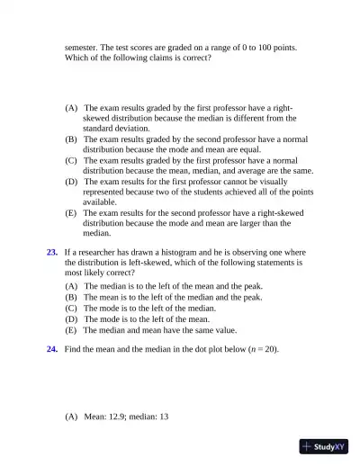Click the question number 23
(52, 252)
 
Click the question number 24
(52, 347)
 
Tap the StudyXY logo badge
(324, 446)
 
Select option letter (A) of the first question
(71, 107)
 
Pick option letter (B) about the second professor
(71, 139)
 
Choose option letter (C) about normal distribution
(71, 160)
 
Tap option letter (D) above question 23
(71, 181)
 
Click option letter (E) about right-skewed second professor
(71, 212)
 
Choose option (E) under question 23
(71, 329)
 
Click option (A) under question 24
(71, 417)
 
